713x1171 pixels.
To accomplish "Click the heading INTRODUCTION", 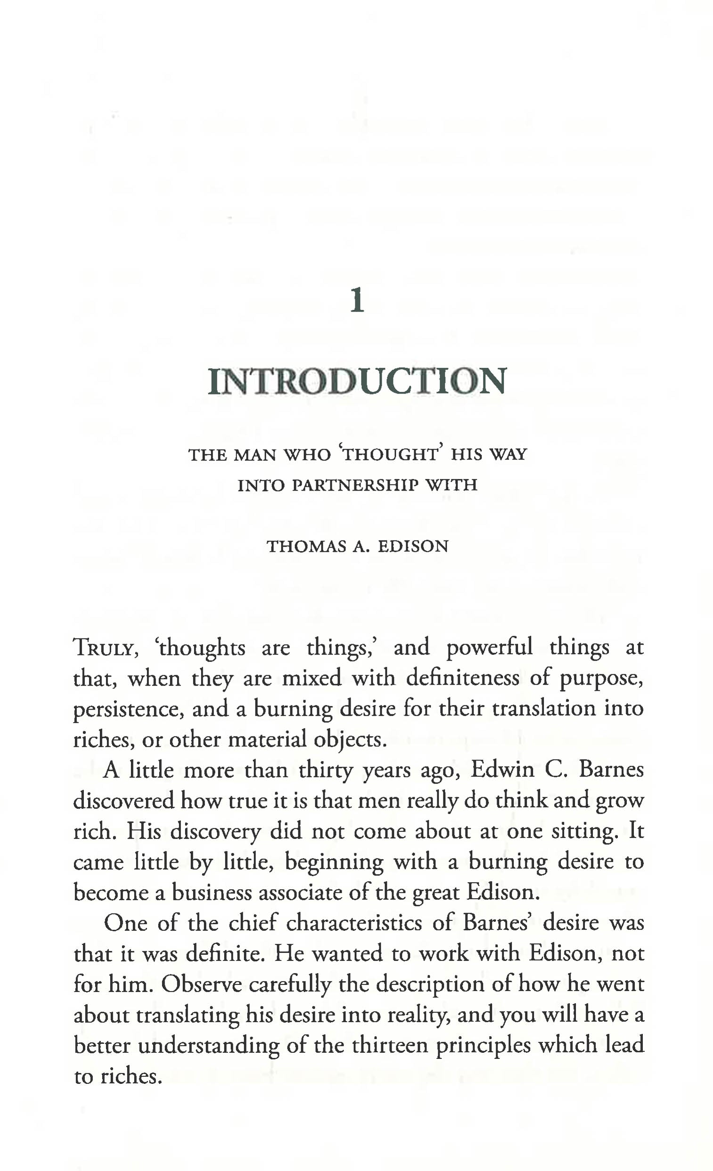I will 357,381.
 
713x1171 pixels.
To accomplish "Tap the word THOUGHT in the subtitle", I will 390,455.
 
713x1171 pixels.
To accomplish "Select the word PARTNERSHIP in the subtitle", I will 356,485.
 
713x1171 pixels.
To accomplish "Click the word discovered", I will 123,801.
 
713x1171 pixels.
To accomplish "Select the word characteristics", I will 354,923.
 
